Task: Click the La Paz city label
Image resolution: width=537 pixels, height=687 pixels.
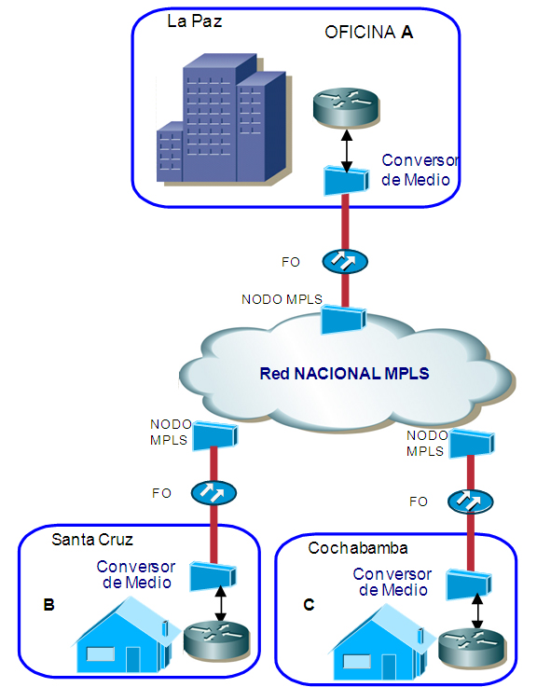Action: click(195, 21)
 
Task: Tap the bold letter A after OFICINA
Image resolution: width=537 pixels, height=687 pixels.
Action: click(406, 33)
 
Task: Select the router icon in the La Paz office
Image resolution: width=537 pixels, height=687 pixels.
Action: click(346, 108)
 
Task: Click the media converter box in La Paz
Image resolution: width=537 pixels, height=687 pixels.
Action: click(346, 181)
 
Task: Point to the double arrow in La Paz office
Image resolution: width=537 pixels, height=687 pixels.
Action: click(347, 151)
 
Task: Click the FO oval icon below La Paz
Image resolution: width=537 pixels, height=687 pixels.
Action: click(345, 262)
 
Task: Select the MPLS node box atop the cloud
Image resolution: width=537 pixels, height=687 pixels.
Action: click(343, 320)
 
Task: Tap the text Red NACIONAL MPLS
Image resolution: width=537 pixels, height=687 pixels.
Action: click(344, 374)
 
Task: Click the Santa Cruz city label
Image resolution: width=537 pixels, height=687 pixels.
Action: click(92, 540)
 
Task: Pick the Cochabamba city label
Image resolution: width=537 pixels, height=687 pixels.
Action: click(358, 548)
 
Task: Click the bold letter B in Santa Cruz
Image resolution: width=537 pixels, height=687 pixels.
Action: click(48, 605)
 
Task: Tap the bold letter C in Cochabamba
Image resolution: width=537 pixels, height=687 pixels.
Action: click(309, 605)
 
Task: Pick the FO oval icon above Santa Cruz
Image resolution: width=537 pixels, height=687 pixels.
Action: click(213, 493)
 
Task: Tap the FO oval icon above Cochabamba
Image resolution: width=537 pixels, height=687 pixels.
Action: click(471, 502)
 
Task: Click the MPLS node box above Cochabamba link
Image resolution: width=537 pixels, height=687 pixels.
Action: click(472, 444)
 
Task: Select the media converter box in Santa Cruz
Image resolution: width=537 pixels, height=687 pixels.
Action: click(213, 576)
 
